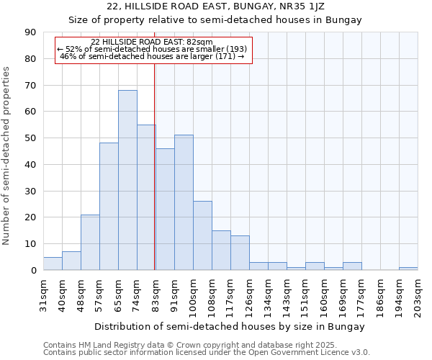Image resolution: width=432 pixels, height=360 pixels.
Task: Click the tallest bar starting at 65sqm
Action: coord(127,180)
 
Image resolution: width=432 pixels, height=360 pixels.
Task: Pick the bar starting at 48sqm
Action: coord(90,242)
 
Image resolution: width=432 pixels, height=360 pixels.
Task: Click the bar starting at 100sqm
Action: coord(202,235)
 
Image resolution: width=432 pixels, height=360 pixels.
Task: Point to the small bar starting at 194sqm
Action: coord(408,269)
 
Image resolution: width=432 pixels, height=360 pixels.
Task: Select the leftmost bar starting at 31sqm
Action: coord(53,264)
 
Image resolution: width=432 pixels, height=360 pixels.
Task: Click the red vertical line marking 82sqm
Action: coord(155,166)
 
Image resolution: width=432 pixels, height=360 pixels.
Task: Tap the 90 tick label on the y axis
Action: coord(30,32)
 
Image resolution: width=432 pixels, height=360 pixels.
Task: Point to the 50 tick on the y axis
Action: coord(30,138)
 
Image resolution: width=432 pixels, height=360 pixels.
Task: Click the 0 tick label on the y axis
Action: coord(33,271)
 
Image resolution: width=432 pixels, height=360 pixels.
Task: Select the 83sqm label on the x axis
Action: coord(156,294)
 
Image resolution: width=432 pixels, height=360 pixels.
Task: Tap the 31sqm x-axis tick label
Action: coord(43,294)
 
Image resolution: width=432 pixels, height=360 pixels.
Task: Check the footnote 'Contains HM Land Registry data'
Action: coord(144,345)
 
